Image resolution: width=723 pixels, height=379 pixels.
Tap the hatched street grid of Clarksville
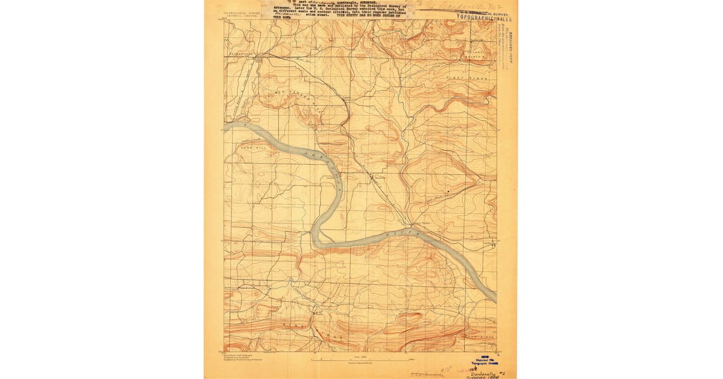[259, 59]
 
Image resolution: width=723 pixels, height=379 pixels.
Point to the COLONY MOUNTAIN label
[480, 55]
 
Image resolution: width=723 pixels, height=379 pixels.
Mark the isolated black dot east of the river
[447, 191]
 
